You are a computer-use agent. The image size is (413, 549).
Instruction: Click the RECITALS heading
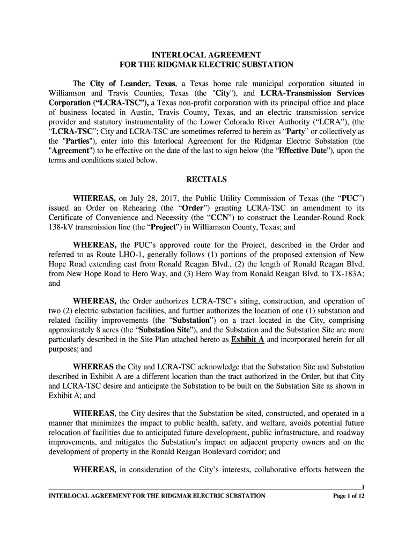[x=206, y=179]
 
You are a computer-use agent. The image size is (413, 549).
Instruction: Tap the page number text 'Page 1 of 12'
[x=349, y=496]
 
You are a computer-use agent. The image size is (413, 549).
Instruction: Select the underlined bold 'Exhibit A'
[x=247, y=340]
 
